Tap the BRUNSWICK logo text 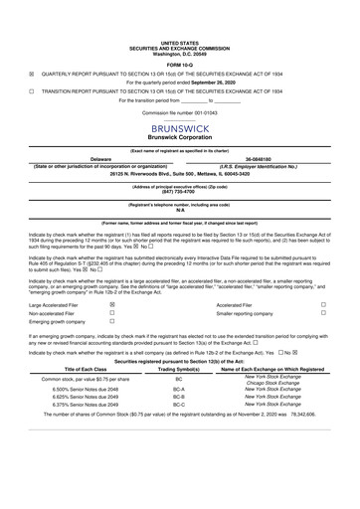179,128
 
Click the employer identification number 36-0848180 265,156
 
